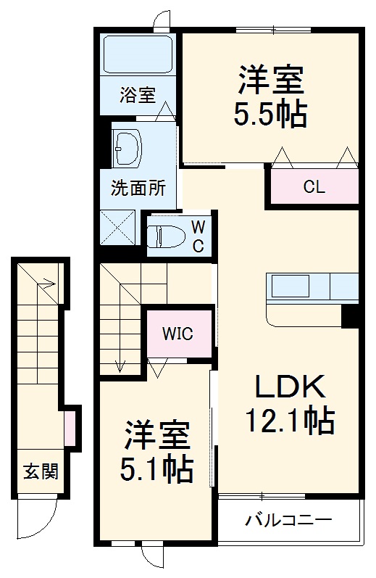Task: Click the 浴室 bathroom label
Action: pyautogui.click(x=138, y=95)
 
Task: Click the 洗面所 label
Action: pyautogui.click(x=138, y=189)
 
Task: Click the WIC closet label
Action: pyautogui.click(x=177, y=334)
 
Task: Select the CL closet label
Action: pyautogui.click(x=314, y=188)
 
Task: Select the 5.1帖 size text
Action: pyautogui.click(x=156, y=470)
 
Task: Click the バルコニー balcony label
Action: pyautogui.click(x=288, y=520)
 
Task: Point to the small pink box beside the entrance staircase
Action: pyautogui.click(x=69, y=429)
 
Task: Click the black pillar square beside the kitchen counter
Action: pyautogui.click(x=351, y=316)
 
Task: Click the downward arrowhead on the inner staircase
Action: pyautogui.click(x=120, y=367)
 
